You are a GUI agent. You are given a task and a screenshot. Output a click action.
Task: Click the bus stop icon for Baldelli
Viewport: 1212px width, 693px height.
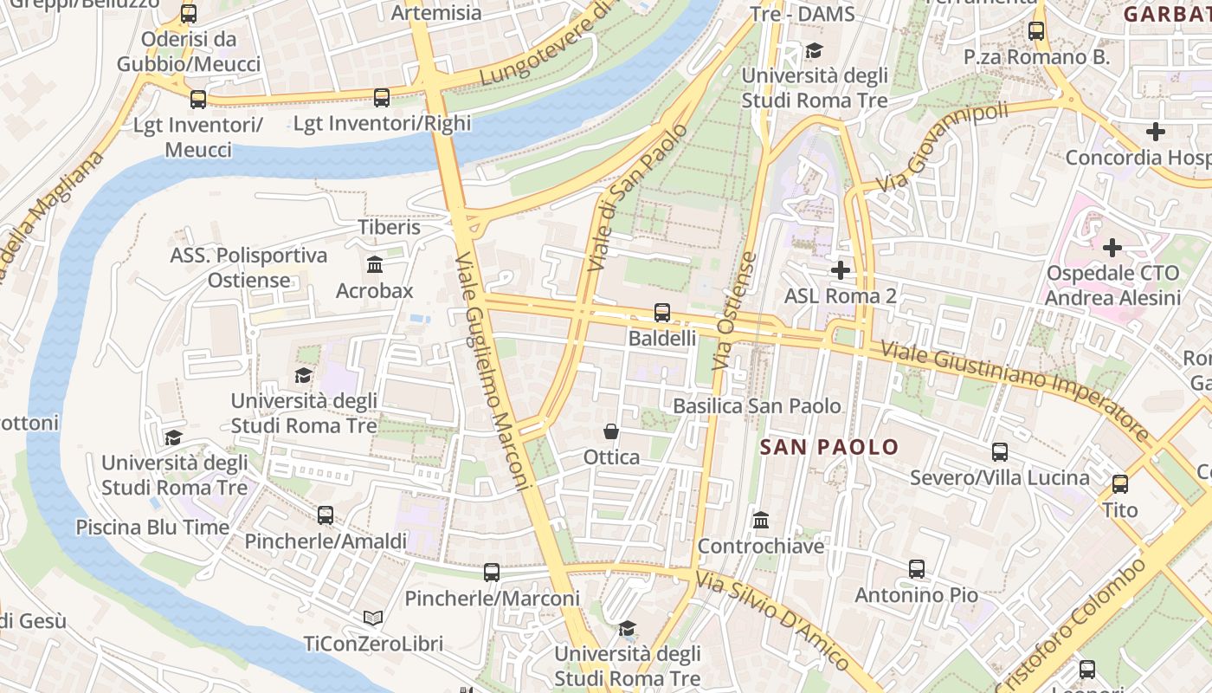point(662,312)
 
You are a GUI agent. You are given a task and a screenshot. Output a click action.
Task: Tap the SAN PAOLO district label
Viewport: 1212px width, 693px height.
point(829,447)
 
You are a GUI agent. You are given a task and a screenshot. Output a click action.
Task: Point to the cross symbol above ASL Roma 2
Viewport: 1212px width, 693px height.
point(840,270)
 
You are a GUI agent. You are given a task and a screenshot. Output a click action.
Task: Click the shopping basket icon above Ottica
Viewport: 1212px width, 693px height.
point(611,431)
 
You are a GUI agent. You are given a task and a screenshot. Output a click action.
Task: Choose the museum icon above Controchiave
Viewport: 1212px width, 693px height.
point(761,520)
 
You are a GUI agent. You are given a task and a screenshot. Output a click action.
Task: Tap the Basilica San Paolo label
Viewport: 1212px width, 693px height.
point(757,405)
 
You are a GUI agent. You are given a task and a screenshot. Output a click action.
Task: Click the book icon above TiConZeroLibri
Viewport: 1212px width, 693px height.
point(373,618)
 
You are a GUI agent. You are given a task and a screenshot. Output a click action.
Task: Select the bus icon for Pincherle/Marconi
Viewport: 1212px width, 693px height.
point(492,572)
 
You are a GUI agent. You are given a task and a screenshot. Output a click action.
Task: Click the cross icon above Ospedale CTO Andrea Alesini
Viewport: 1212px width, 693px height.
point(1112,248)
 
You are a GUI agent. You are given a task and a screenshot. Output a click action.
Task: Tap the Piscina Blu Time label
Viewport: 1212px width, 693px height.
point(152,527)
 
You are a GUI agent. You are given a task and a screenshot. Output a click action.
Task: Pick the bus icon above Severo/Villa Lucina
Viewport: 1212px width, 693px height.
point(1000,451)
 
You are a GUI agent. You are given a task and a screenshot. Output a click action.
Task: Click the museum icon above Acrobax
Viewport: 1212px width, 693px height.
point(375,264)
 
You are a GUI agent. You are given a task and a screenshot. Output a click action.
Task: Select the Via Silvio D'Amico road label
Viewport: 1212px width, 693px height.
point(774,619)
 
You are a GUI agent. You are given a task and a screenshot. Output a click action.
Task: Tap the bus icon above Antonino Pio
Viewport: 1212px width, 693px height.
point(917,569)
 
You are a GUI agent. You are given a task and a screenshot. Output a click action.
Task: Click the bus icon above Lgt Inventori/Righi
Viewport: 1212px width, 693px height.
point(382,98)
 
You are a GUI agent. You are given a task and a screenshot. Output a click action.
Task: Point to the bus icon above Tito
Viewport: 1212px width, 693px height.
point(1120,483)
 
